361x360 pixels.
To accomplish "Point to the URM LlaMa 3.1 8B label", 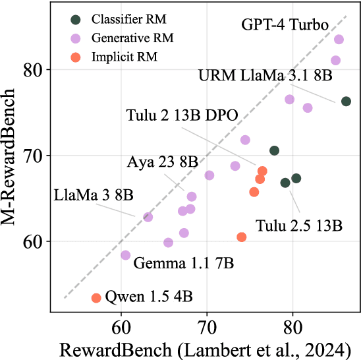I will (x=265, y=76).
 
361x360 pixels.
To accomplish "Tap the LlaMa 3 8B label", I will (x=93, y=195).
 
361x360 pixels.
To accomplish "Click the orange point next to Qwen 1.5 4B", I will (x=96, y=298).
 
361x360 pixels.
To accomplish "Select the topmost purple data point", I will (x=339, y=40).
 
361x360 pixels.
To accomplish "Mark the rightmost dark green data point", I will (x=346, y=101).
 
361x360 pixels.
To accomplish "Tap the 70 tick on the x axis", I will (x=207, y=325).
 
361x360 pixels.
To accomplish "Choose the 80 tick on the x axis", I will (x=292, y=325).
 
